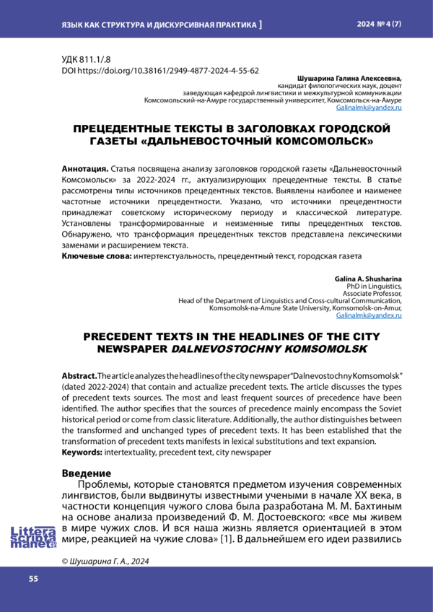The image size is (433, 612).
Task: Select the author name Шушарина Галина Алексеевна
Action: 349,78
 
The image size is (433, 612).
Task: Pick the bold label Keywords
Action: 82,453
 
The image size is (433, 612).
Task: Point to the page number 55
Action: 33,580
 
